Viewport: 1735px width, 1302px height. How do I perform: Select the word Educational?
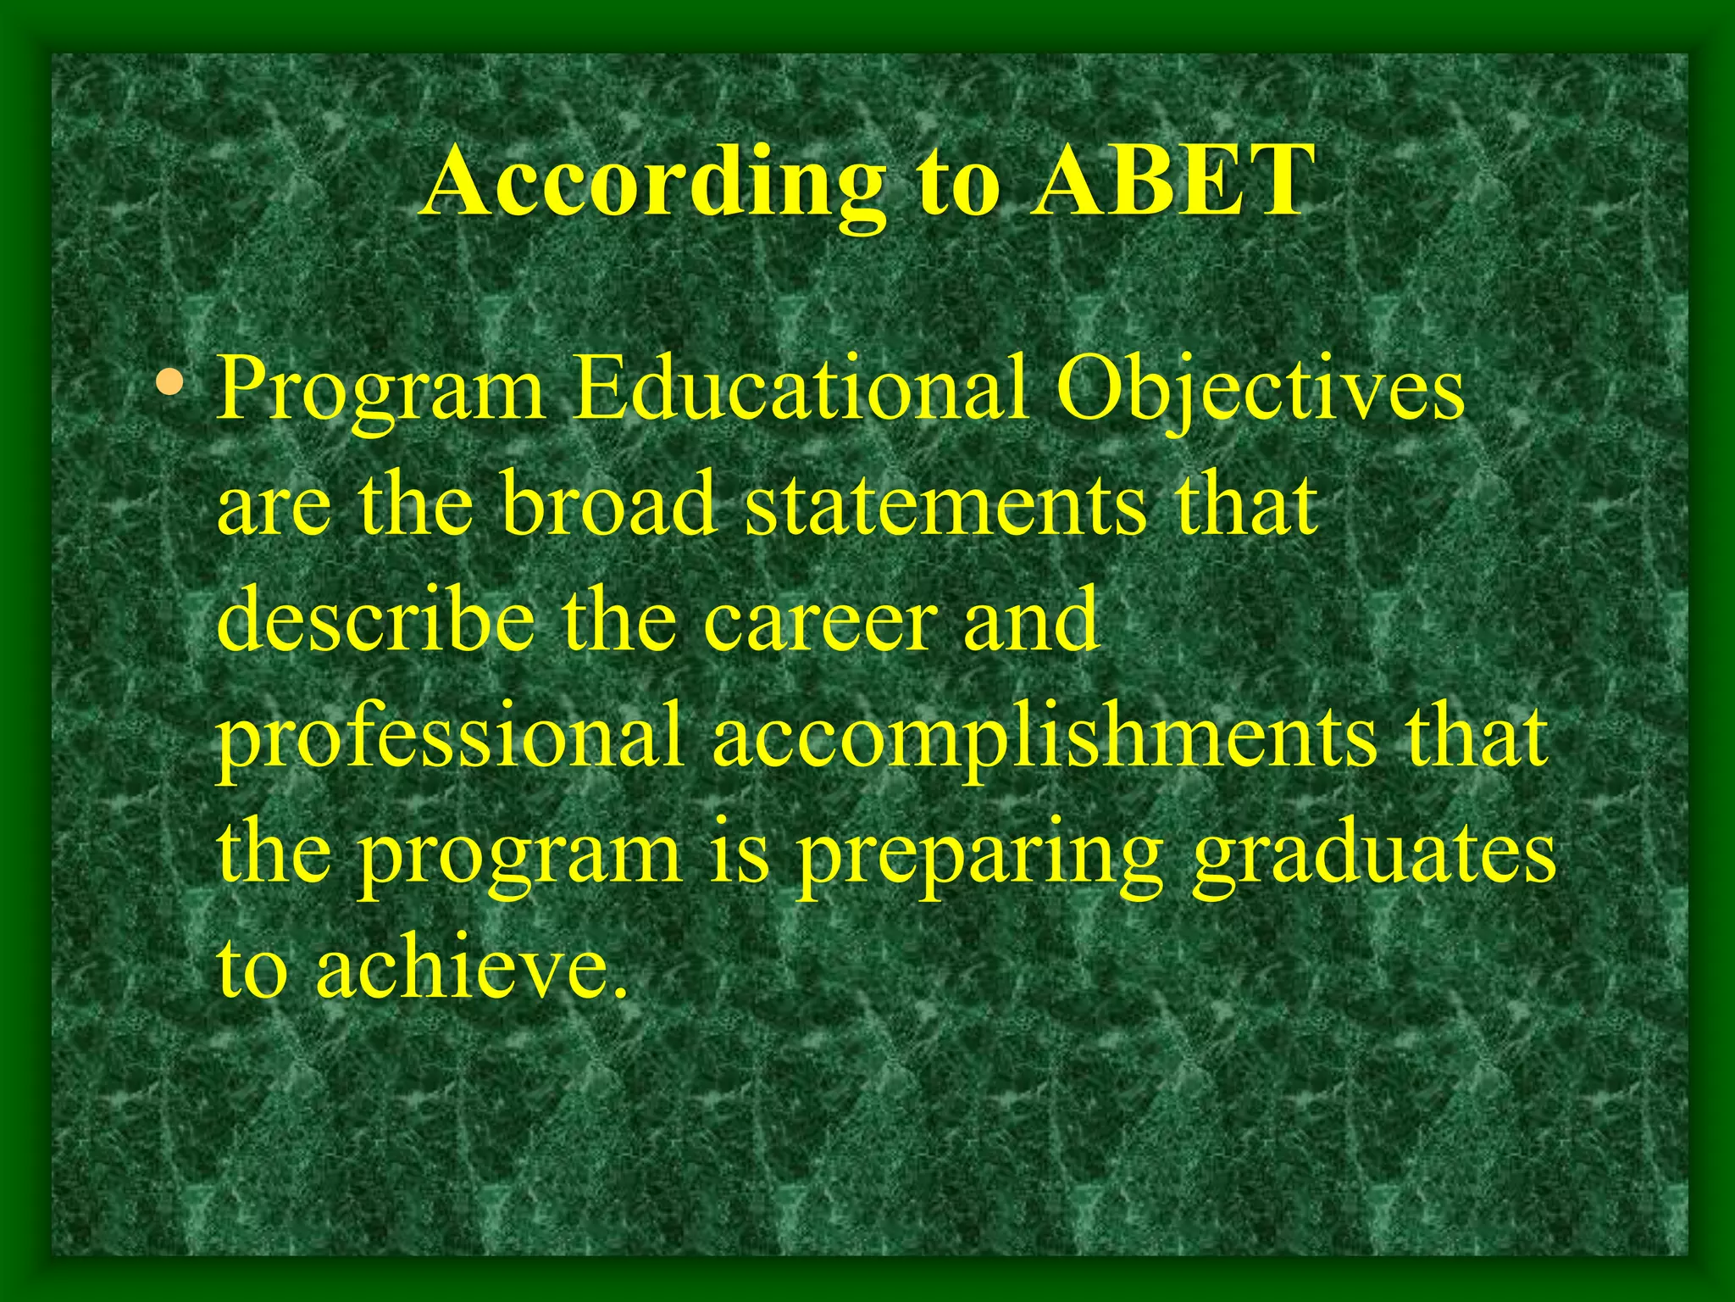pyautogui.click(x=801, y=390)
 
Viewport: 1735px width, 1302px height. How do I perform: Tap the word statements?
pyautogui.click(x=945, y=506)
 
